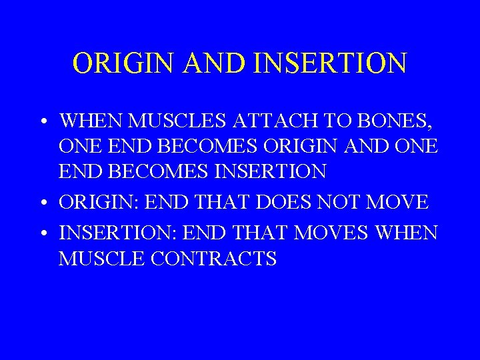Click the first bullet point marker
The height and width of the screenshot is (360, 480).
pyautogui.click(x=42, y=123)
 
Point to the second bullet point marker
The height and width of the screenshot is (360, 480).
pyautogui.click(x=42, y=202)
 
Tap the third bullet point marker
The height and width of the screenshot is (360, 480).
pyautogui.click(x=42, y=233)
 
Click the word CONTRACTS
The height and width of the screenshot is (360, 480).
pyautogui.click(x=213, y=259)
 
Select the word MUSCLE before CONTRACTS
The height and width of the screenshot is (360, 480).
pyautogui.click(x=100, y=259)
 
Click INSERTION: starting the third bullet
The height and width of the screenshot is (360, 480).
pyautogui.click(x=117, y=233)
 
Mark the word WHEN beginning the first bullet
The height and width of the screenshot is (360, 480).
pyautogui.click(x=87, y=122)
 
